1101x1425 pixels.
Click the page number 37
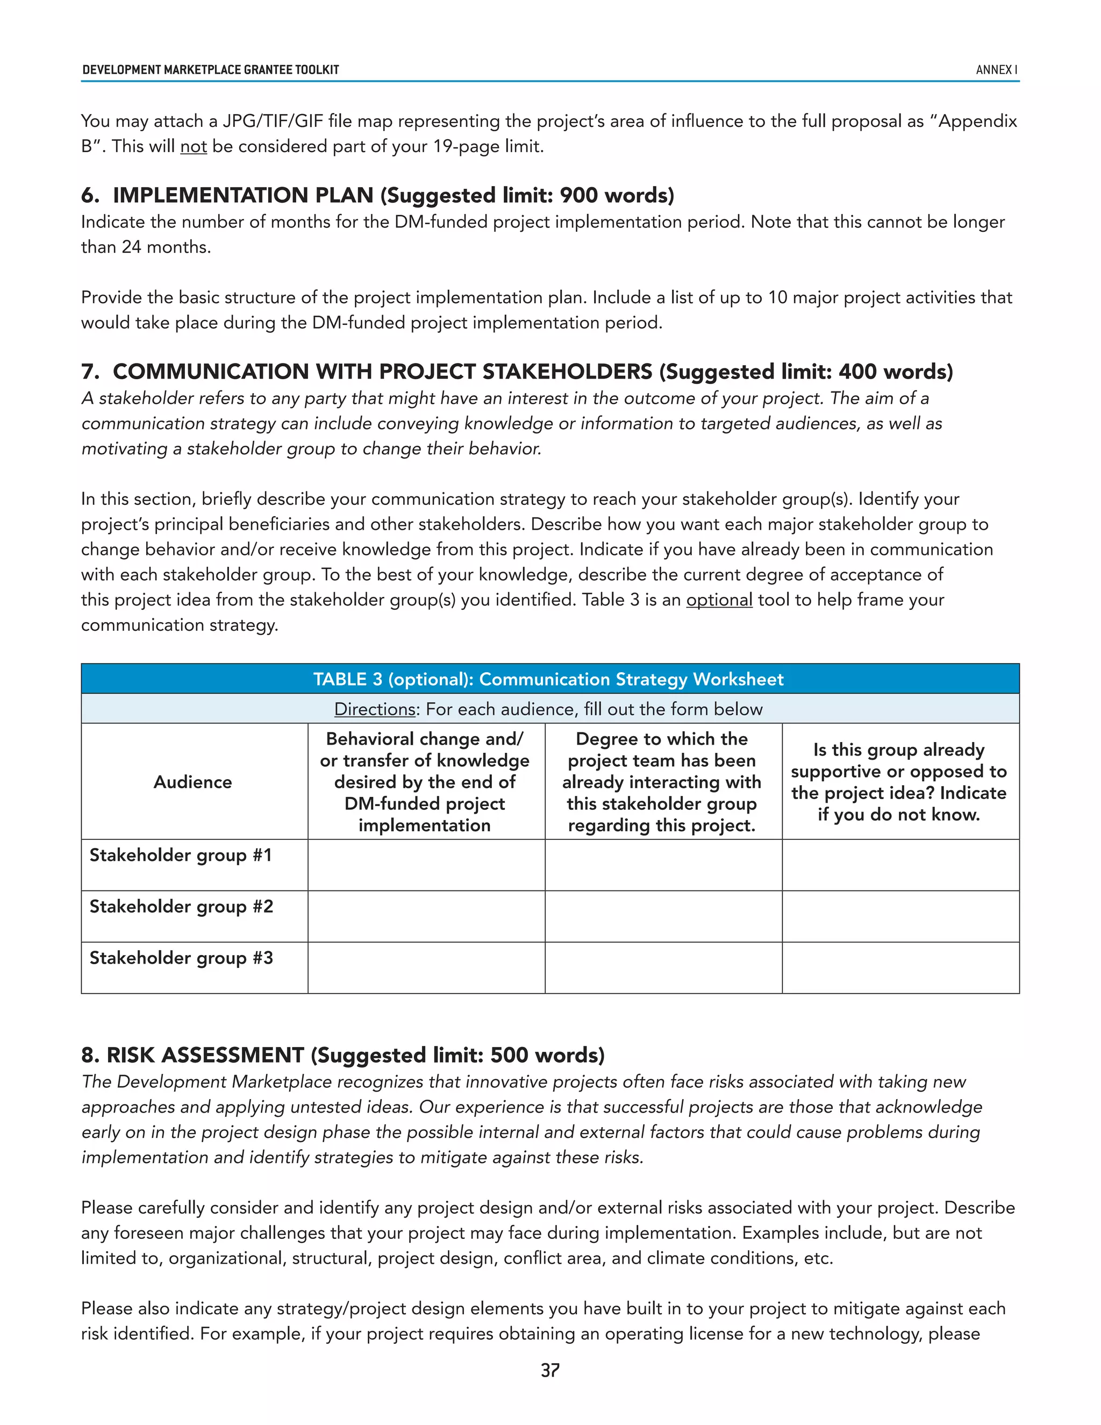[x=550, y=1370]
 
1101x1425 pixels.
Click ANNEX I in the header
[x=996, y=70]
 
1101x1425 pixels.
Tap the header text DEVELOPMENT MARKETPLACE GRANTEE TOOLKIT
[x=211, y=70]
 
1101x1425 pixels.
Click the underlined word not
[x=193, y=146]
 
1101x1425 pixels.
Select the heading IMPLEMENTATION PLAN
[x=242, y=195]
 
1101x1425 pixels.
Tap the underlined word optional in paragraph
[x=719, y=600]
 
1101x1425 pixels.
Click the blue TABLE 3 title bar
[x=549, y=679]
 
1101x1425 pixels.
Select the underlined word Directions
[x=374, y=709]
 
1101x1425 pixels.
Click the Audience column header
[x=193, y=782]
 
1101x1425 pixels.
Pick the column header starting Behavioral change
[x=425, y=782]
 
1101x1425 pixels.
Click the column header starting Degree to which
[x=662, y=782]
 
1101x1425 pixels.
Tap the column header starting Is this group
[x=899, y=782]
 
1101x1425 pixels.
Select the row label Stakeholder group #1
[x=181, y=855]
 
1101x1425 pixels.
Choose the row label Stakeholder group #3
[x=181, y=958]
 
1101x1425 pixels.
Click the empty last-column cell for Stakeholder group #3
[x=900, y=967]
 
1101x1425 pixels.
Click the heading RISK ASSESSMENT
[x=205, y=1055]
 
